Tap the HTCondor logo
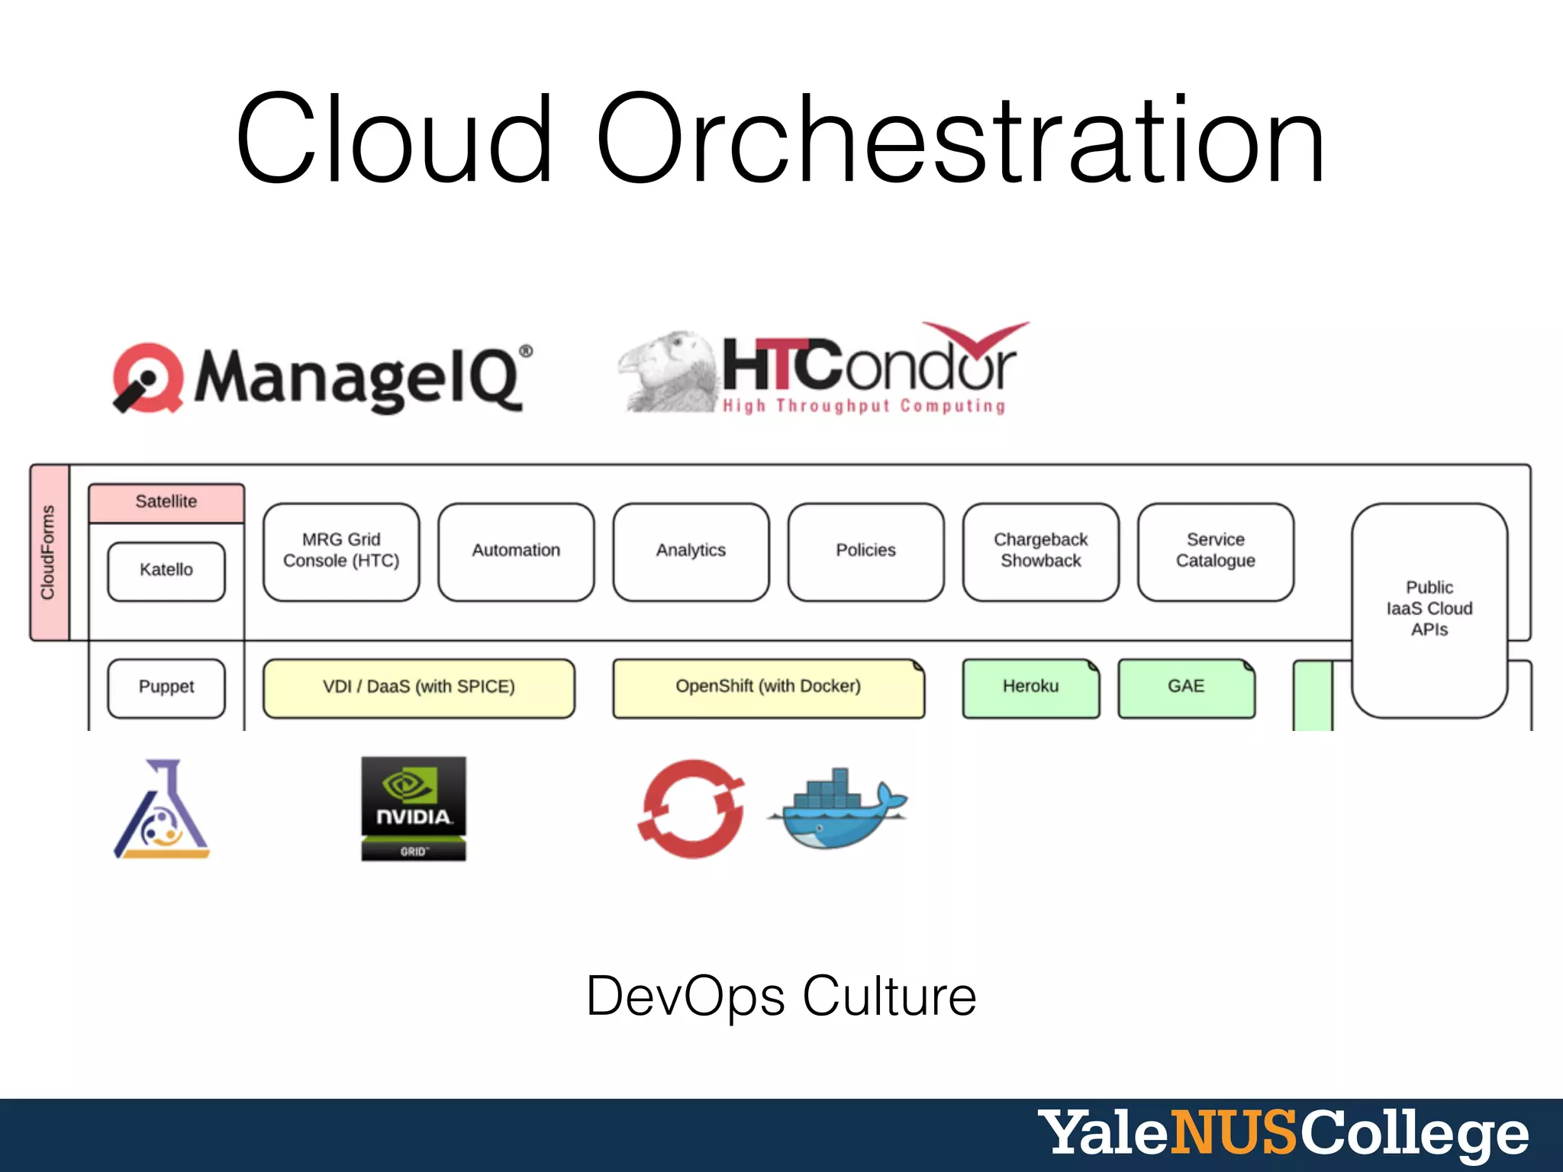coord(824,370)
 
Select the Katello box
coord(166,571)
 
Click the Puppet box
coord(166,687)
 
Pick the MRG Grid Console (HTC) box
coord(341,551)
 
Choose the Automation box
coord(516,551)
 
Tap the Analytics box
coord(691,551)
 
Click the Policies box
coord(865,551)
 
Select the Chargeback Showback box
coord(1040,551)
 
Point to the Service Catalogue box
coord(1215,551)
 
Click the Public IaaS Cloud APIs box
coord(1429,609)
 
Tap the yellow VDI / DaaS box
coord(418,687)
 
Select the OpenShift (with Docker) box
coord(768,687)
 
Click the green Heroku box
coord(1030,687)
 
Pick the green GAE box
coord(1186,687)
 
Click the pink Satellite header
coord(166,502)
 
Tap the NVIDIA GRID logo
coord(414,809)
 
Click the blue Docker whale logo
coord(838,809)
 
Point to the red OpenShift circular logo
coord(691,809)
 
